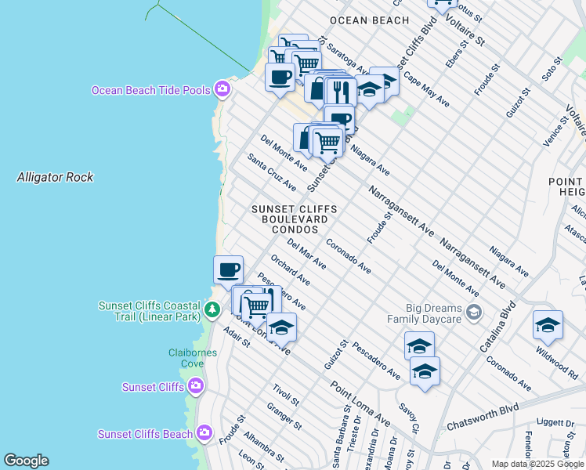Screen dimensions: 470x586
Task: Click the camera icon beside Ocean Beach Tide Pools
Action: tap(222, 89)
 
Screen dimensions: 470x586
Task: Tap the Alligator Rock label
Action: tap(55, 177)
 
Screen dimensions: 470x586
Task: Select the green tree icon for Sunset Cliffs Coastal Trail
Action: tap(212, 310)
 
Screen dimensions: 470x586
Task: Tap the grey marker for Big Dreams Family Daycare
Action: tap(473, 313)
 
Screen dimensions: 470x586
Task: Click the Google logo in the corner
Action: tap(26, 461)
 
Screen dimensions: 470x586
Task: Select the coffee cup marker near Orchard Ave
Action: tap(228, 269)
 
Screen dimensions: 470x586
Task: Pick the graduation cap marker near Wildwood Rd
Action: tap(547, 324)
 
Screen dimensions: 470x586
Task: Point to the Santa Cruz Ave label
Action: tap(272, 172)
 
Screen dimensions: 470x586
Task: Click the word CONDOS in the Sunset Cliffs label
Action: tap(295, 230)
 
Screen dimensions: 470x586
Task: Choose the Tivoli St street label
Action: tap(286, 396)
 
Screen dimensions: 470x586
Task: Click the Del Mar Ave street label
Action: tap(306, 254)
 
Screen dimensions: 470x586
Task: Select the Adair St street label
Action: tap(236, 338)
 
